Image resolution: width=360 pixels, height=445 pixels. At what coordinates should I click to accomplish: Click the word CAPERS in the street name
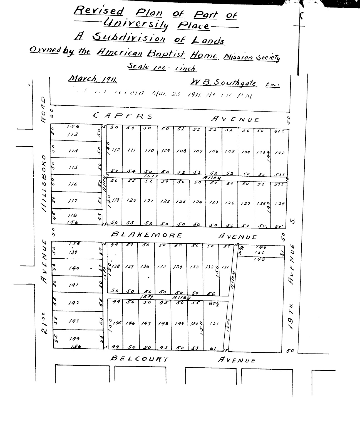pos(123,116)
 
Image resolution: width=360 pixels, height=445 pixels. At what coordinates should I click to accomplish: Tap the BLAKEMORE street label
pos(146,235)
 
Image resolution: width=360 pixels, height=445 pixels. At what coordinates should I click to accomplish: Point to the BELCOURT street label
pos(139,359)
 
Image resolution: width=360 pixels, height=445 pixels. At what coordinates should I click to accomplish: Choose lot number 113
pos(73,134)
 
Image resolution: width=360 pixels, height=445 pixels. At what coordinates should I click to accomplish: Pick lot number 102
pos(279,153)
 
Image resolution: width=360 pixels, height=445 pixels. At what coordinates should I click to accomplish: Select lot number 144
pos(74,338)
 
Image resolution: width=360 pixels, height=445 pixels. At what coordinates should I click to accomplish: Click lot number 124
pos(197,202)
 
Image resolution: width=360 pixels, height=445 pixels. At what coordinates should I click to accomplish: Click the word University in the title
pos(136,24)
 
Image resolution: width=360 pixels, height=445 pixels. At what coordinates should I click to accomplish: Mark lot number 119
pos(116,199)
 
